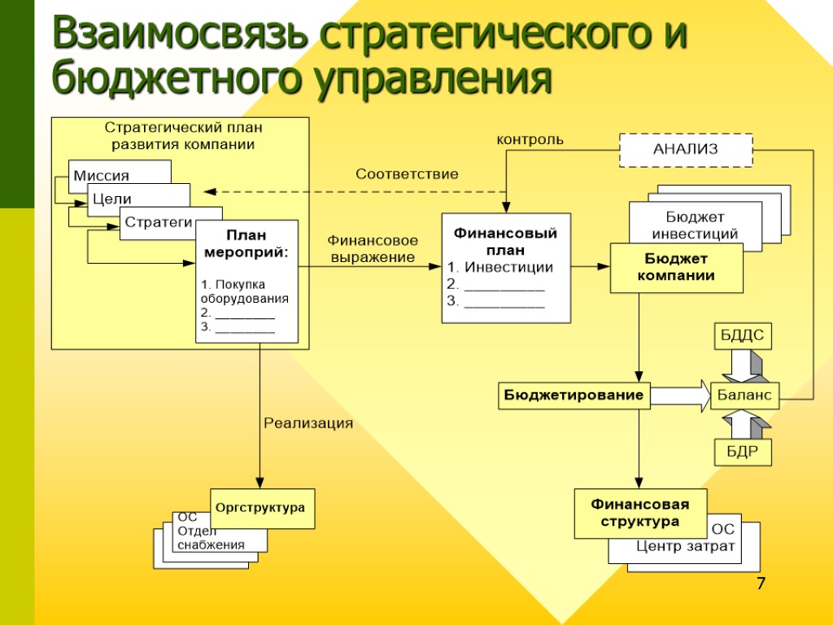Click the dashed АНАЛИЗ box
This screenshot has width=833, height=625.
[x=686, y=149]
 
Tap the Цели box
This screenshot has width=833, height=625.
[x=114, y=198]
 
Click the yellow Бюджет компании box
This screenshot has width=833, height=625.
[x=676, y=267]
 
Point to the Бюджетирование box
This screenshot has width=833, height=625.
[x=574, y=396]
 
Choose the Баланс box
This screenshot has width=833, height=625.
[x=744, y=396]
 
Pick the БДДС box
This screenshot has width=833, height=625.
[x=743, y=336]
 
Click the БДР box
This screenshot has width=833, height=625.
[x=743, y=452]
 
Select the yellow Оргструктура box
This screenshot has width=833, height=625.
[x=261, y=508]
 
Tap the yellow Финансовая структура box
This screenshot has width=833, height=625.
[x=639, y=513]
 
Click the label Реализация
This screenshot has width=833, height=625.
[x=308, y=423]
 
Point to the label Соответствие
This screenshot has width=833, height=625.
[x=407, y=174]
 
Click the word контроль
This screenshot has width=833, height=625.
[x=530, y=140]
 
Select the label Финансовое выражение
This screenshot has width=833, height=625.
[x=373, y=249]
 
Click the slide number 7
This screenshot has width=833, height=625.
[x=761, y=583]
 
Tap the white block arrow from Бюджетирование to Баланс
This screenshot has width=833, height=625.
[x=680, y=396]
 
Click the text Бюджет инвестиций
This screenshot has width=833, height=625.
[x=695, y=225]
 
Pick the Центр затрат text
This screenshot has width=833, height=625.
[x=685, y=546]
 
